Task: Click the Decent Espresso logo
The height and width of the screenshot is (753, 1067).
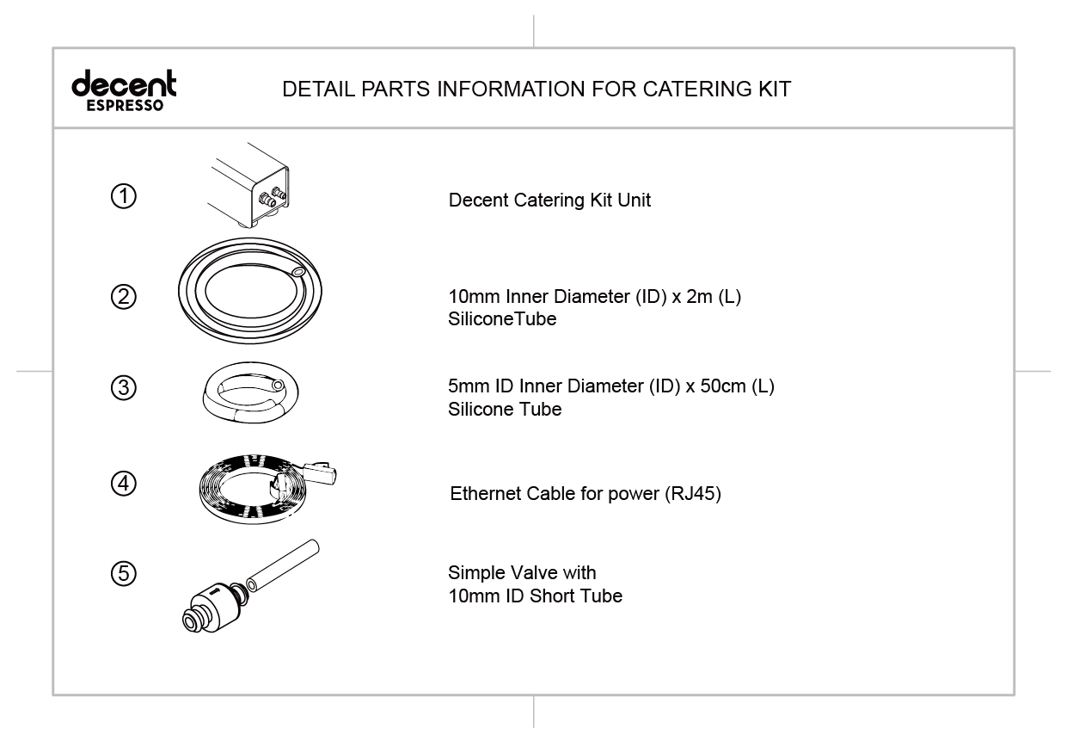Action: [124, 90]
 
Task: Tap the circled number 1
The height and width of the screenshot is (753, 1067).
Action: [124, 196]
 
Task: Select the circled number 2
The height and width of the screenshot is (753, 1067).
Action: [124, 297]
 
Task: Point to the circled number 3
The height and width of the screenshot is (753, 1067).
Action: [124, 388]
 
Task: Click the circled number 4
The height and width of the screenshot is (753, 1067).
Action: [124, 484]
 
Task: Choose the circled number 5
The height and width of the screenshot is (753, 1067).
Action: [124, 573]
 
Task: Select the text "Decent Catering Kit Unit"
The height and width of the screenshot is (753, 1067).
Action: [549, 201]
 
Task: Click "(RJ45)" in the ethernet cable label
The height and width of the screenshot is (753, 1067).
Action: [693, 495]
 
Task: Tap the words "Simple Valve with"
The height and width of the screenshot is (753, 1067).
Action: [522, 572]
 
